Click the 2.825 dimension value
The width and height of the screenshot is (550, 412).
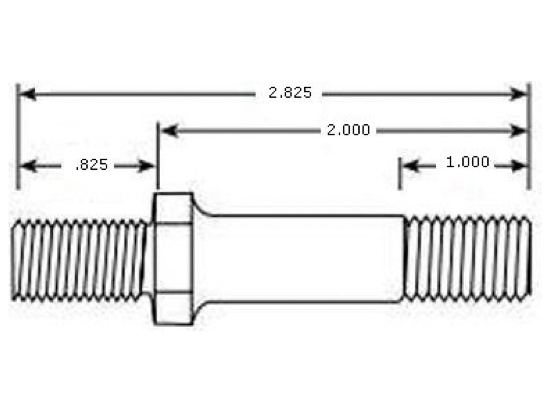point(290,92)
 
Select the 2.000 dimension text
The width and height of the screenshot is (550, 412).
point(348,130)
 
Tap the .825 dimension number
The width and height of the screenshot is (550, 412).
point(92,165)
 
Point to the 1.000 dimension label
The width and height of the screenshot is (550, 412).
point(467,162)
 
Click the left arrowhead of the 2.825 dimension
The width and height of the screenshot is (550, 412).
point(27,94)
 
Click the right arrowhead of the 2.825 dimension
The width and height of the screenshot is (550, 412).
point(518,94)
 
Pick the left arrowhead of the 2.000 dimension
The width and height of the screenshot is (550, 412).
point(169,131)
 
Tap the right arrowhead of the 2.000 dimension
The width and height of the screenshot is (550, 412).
point(518,131)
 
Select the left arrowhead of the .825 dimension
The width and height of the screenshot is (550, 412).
point(28,166)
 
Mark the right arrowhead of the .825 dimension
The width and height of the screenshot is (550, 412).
point(146,166)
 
